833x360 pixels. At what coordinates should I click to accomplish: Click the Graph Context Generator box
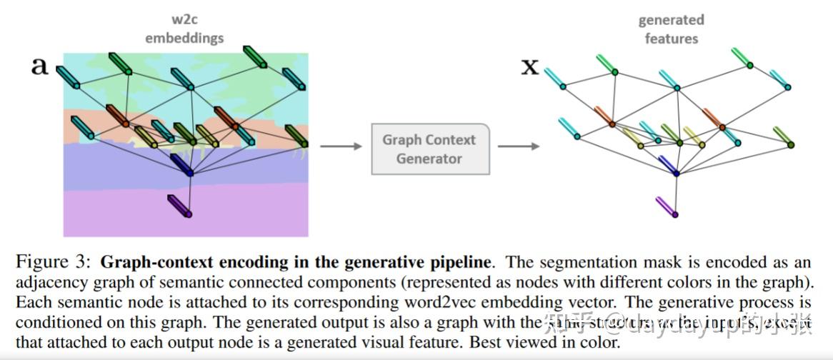[430, 149]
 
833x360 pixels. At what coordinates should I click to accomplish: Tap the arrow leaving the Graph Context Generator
[518, 146]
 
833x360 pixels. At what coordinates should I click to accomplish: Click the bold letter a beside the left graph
[39, 66]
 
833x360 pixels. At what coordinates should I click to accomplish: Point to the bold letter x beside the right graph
[529, 68]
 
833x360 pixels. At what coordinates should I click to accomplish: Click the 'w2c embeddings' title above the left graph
[184, 29]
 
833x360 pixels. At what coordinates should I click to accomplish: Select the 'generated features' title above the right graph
[671, 29]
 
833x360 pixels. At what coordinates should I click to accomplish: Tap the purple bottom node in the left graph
[189, 213]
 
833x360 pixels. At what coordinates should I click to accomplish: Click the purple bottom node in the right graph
[675, 214]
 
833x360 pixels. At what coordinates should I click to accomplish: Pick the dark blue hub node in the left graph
[189, 173]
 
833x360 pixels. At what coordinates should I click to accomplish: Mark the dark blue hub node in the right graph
[676, 173]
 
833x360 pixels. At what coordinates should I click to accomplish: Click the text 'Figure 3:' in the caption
[54, 262]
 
